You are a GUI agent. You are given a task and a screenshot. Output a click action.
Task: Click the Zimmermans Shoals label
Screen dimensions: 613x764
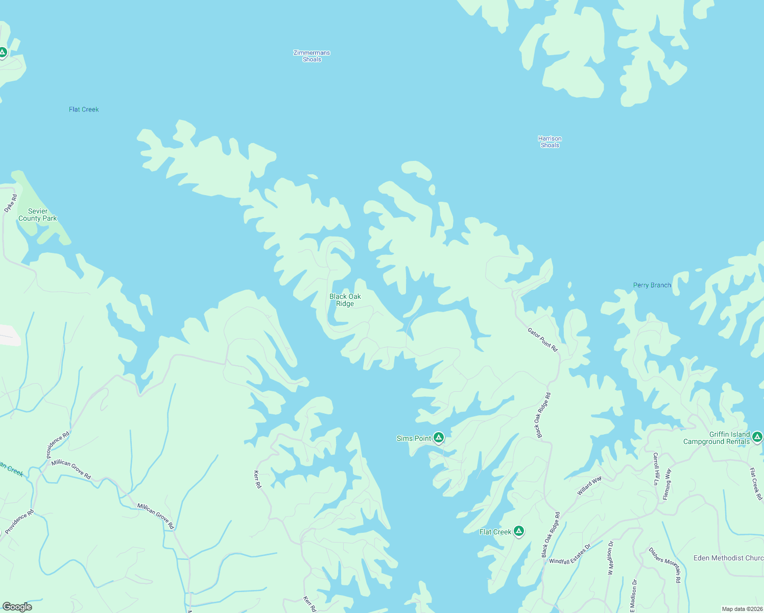point(312,56)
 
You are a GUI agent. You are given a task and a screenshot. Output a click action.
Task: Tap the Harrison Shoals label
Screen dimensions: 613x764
point(550,142)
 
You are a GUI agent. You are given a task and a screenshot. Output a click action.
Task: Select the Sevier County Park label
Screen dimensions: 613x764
point(38,215)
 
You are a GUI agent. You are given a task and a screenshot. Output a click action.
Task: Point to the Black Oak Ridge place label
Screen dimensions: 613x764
point(345,300)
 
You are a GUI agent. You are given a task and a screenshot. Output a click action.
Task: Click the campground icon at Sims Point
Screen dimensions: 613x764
point(439,437)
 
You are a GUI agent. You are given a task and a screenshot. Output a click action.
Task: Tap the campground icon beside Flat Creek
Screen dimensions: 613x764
point(519,531)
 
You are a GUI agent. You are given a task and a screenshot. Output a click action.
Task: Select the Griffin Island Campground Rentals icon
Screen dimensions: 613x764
point(757,437)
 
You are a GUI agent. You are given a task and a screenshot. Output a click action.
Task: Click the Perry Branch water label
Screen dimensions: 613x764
point(652,286)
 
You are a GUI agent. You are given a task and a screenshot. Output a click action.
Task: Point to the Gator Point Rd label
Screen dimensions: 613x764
point(542,339)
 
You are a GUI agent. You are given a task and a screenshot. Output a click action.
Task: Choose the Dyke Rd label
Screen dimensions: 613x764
point(10,203)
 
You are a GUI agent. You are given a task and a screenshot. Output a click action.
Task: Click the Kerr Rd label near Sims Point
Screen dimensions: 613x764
point(257,479)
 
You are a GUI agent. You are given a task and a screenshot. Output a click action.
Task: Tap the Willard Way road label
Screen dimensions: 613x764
point(589,485)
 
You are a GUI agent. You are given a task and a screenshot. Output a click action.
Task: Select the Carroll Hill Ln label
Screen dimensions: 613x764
point(656,468)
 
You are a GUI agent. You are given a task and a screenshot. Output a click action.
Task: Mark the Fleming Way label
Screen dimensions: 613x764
point(666,484)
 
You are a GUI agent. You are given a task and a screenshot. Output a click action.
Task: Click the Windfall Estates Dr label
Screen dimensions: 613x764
point(569,554)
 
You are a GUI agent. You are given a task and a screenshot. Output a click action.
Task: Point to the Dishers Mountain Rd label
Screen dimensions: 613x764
point(664,565)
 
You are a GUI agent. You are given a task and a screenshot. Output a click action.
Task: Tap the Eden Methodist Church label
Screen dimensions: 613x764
point(728,558)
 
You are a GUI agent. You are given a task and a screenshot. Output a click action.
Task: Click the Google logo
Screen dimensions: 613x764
point(17,607)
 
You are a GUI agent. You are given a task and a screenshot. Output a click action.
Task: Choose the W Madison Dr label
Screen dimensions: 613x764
point(610,558)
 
